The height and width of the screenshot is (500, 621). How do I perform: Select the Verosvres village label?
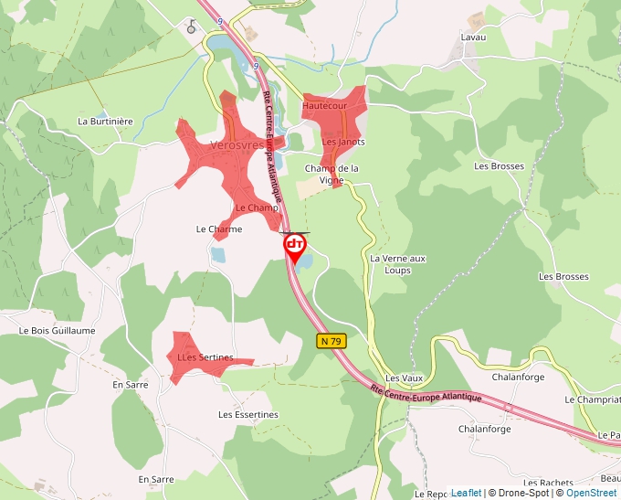(x=237, y=145)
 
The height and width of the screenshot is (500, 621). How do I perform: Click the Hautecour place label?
(x=324, y=107)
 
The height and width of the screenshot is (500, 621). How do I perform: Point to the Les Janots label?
(x=343, y=143)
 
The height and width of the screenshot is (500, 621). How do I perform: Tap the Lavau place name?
(x=473, y=37)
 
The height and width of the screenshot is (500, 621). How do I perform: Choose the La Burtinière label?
(x=105, y=121)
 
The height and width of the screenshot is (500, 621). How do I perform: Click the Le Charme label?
(x=219, y=229)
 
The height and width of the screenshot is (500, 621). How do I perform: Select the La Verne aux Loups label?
(x=397, y=264)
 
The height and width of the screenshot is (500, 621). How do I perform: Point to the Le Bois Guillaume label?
(x=57, y=330)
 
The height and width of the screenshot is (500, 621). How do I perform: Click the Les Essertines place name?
(x=247, y=414)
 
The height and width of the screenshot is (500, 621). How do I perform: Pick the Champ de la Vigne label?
(x=332, y=174)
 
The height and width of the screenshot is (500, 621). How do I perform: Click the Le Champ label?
(x=257, y=208)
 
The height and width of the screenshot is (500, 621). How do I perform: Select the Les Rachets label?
(x=548, y=482)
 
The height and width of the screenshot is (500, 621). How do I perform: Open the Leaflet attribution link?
(x=466, y=493)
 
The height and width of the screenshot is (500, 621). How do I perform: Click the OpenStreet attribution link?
(x=591, y=493)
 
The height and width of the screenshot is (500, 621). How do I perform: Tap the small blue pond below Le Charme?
(x=218, y=255)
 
